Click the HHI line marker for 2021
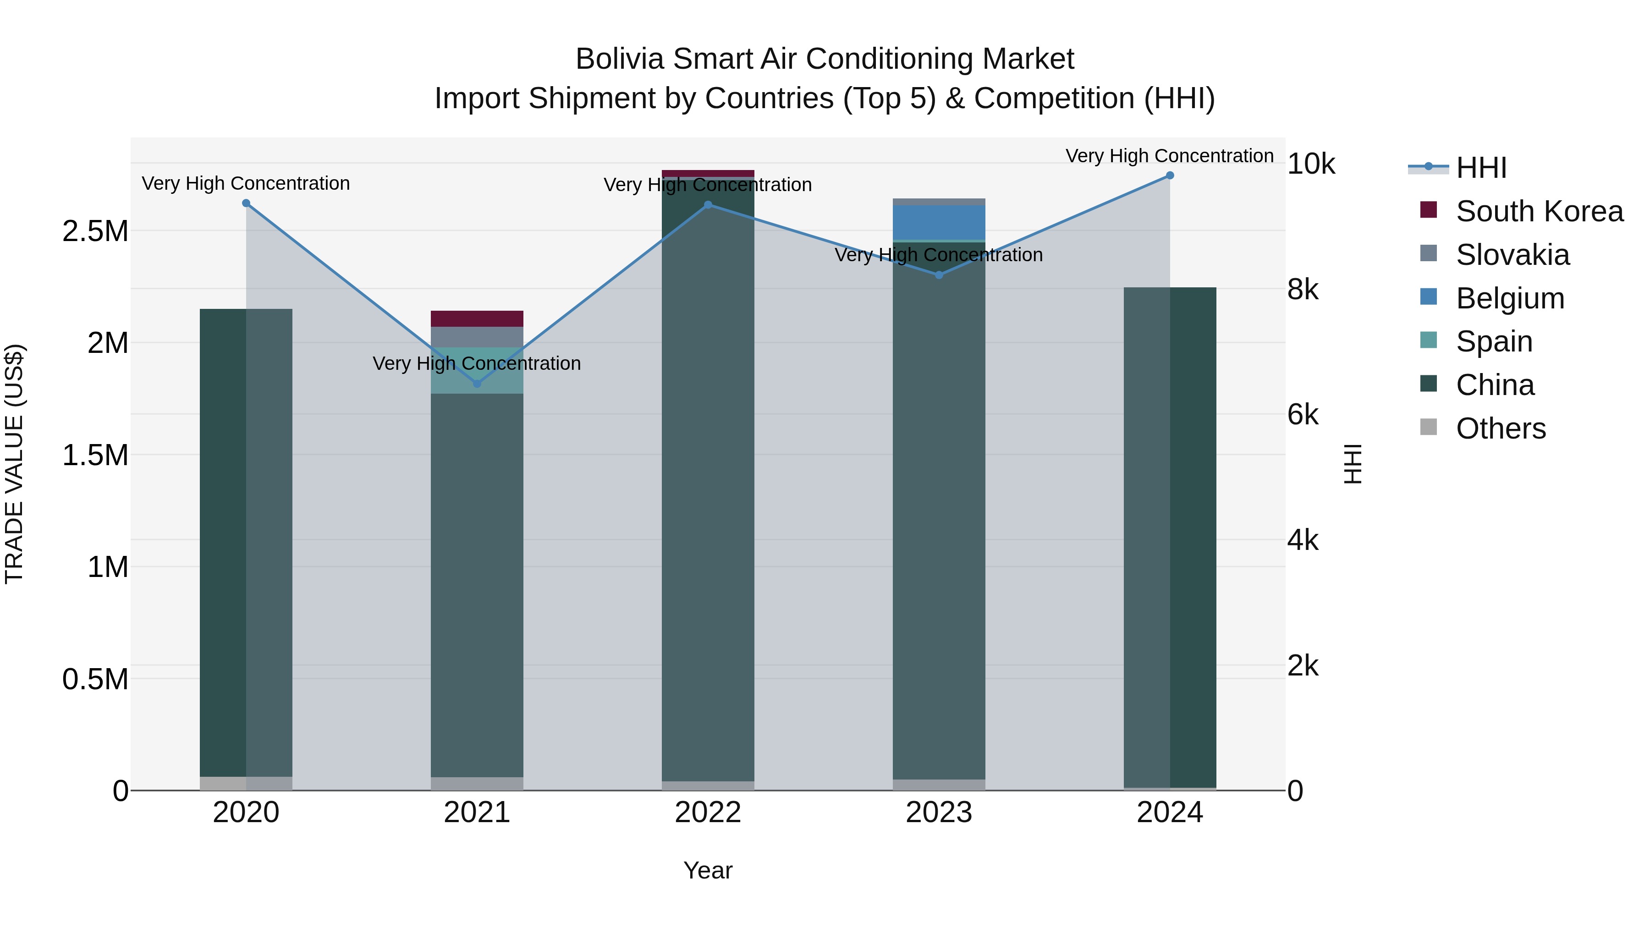pos(477,384)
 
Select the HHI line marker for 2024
pos(1170,176)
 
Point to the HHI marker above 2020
pos(246,203)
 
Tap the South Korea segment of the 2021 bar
pos(477,318)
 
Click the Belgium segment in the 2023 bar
pos(939,222)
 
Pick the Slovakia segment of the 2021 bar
pos(477,337)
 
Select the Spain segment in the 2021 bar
pos(477,370)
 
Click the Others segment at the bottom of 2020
pos(246,783)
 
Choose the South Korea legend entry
pos(1539,211)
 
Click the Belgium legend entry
pos(1510,298)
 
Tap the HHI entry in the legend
pos(1480,168)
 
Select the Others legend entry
pos(1500,428)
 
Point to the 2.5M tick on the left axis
pos(95,231)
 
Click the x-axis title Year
pos(708,870)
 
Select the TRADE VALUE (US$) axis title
pos(14,464)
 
